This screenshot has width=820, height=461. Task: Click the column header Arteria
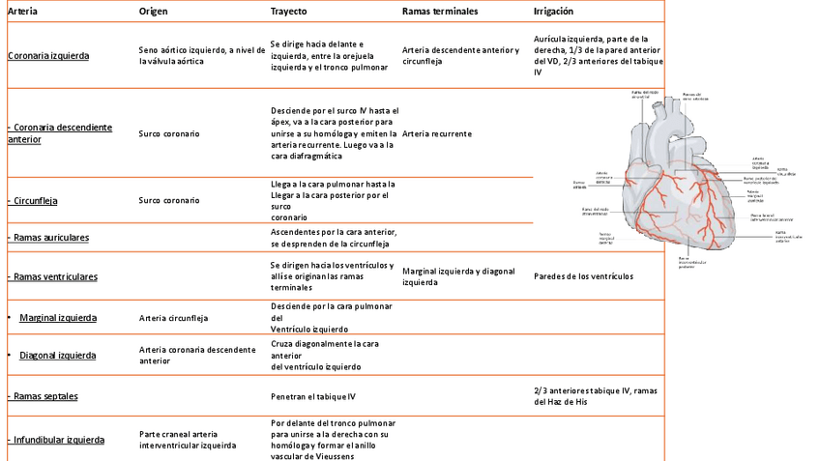pyautogui.click(x=23, y=11)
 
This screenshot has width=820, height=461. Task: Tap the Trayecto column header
pyautogui.click(x=289, y=11)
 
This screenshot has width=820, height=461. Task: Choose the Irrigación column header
pyautogui.click(x=553, y=11)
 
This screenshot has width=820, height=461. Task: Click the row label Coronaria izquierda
pyautogui.click(x=48, y=56)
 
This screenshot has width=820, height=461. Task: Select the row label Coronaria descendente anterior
pyautogui.click(x=60, y=133)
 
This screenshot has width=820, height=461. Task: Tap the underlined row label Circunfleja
pyautogui.click(x=34, y=201)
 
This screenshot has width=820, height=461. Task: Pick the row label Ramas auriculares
pyautogui.click(x=48, y=237)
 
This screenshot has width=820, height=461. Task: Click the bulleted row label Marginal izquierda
pyautogui.click(x=58, y=317)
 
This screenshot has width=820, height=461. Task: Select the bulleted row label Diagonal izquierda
pyautogui.click(x=58, y=355)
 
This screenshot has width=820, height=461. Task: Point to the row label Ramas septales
pyautogui.click(x=44, y=396)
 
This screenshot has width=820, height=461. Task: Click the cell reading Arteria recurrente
pyautogui.click(x=437, y=133)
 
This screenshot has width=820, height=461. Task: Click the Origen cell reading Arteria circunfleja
pyautogui.click(x=173, y=317)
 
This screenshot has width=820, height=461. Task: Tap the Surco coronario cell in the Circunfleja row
pyautogui.click(x=169, y=201)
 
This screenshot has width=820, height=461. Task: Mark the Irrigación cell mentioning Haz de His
pyautogui.click(x=596, y=395)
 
